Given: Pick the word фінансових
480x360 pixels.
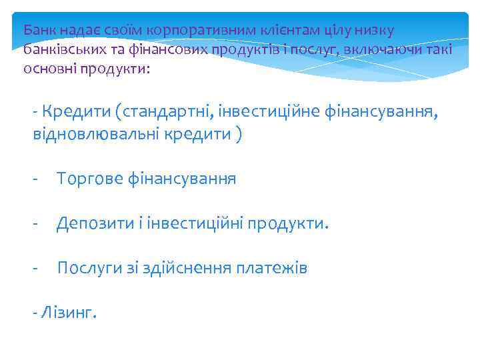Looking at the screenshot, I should tap(171, 50).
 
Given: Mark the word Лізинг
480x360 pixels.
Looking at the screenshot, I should tap(70, 313).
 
